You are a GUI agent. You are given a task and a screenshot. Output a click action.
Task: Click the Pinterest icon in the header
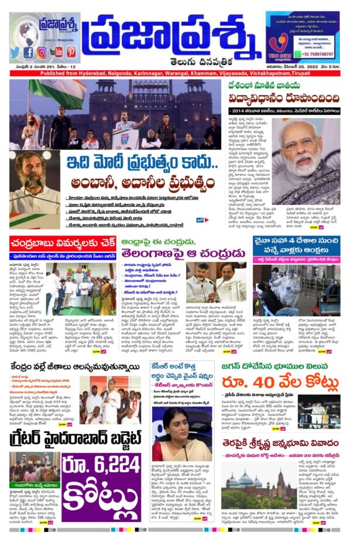[71, 53]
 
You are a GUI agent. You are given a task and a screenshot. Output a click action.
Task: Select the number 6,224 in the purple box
[102, 466]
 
